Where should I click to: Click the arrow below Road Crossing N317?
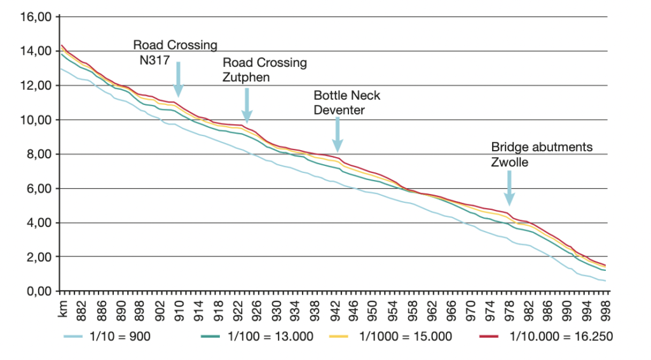tap(179, 80)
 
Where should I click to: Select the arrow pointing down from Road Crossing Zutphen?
tap(247, 105)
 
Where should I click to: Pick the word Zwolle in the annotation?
tap(509, 162)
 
